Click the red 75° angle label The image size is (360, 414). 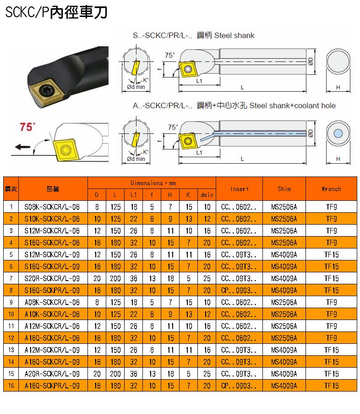point(27,127)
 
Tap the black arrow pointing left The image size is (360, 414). point(22,147)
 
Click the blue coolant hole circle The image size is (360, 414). point(338,133)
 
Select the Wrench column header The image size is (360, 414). point(331,189)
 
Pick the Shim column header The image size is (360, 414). point(284,189)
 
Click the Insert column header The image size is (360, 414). point(240,189)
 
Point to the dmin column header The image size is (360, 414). point(207,195)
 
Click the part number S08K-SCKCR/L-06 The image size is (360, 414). point(52,207)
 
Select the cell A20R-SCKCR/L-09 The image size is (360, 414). point(52,374)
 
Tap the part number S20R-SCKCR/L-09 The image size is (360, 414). point(52,279)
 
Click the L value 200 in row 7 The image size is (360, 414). point(115,279)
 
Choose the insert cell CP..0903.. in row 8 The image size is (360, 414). point(239,290)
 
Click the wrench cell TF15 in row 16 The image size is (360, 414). point(331,386)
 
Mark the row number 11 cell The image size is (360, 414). point(11,326)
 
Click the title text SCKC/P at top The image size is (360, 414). point(27,12)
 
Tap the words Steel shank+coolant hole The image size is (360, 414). point(293,105)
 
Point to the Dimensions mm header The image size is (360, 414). point(153,183)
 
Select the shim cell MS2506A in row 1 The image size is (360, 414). point(284,207)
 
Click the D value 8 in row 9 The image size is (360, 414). point(97,302)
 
